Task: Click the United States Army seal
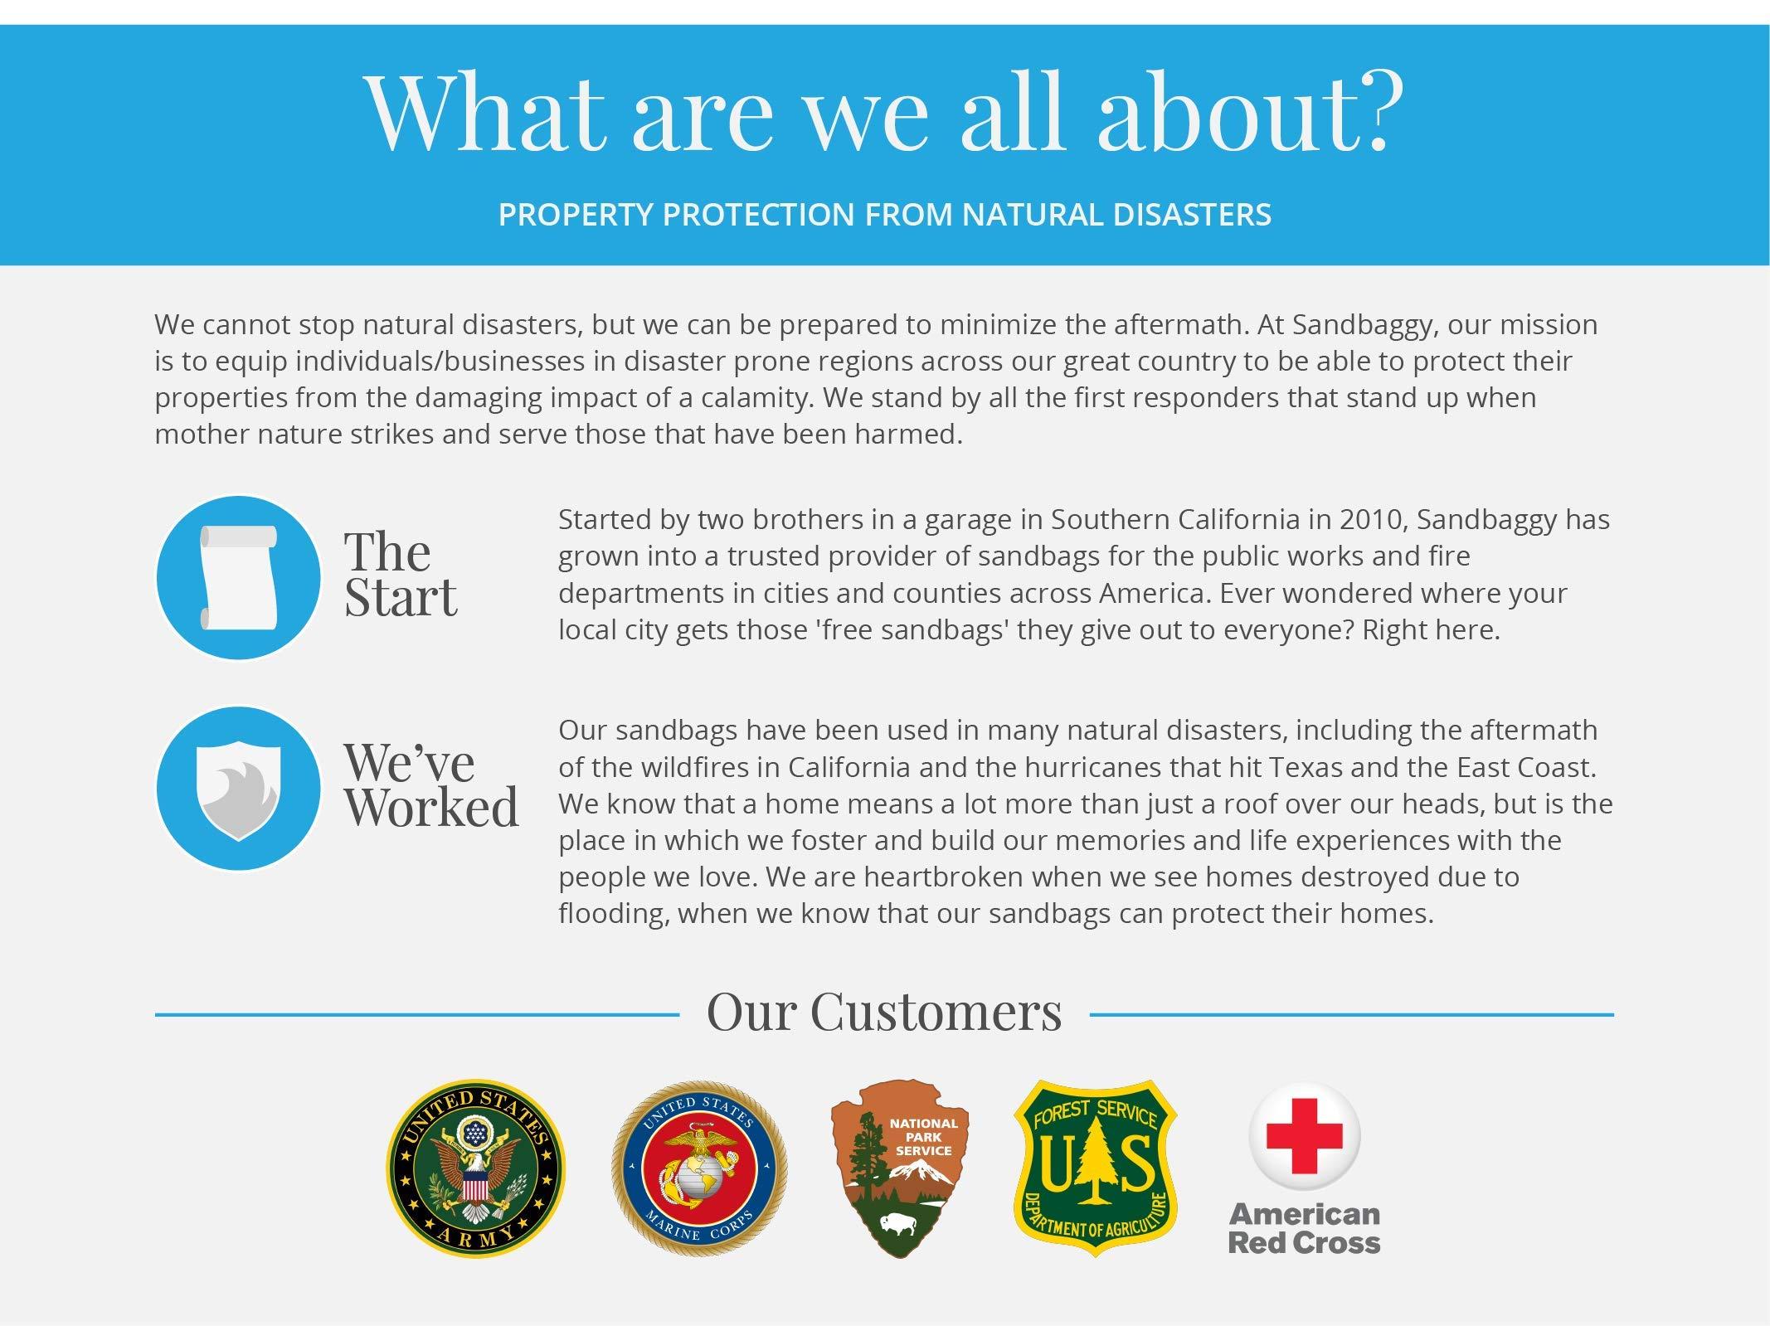(x=475, y=1167)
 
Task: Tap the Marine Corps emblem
(x=699, y=1168)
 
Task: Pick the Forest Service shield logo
(x=1095, y=1167)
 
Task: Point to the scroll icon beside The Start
(x=237, y=578)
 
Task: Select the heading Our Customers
(x=884, y=1012)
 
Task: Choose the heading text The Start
(x=400, y=574)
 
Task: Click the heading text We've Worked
(x=431, y=784)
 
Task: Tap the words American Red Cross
(x=1304, y=1228)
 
